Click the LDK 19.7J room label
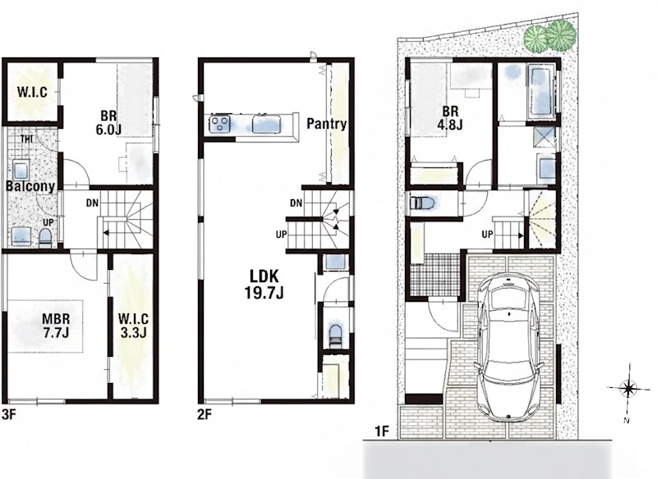[264, 285]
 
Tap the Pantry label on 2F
[326, 124]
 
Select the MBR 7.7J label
[56, 326]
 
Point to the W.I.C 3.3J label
[133, 326]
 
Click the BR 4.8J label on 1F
[450, 118]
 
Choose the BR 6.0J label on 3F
[108, 122]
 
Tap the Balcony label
[30, 186]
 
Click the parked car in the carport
[508, 346]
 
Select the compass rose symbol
[628, 389]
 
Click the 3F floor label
[9, 414]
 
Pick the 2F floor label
[204, 414]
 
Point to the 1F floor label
[382, 431]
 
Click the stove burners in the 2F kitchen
[220, 124]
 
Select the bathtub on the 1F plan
[542, 90]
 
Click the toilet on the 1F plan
[423, 203]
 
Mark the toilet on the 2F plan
[336, 335]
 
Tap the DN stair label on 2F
[296, 203]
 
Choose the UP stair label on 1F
[487, 235]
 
